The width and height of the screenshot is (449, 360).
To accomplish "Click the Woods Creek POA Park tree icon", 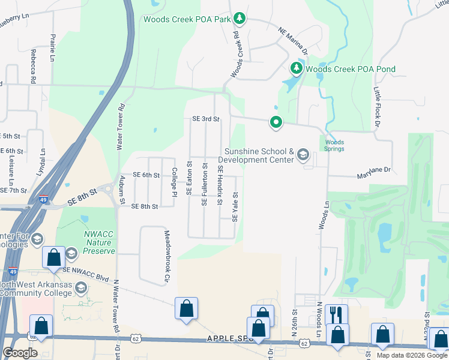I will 240,19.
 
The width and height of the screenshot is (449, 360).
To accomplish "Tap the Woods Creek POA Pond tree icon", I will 297,68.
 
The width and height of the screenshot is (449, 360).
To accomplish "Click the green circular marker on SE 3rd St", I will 276,122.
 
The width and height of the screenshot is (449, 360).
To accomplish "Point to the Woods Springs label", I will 334,146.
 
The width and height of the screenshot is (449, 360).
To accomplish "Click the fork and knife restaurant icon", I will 336,314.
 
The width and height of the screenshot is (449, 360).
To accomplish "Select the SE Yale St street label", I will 235,206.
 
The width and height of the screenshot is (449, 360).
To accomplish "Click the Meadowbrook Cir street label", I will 167,256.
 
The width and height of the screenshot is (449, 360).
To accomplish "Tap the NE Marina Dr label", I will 292,40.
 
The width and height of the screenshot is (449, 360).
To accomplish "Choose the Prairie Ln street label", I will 52,49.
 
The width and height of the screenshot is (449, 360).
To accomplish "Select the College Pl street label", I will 175,182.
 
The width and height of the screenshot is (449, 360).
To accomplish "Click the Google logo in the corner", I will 20,352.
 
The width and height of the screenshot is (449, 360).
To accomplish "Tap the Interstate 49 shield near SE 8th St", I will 43,200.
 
